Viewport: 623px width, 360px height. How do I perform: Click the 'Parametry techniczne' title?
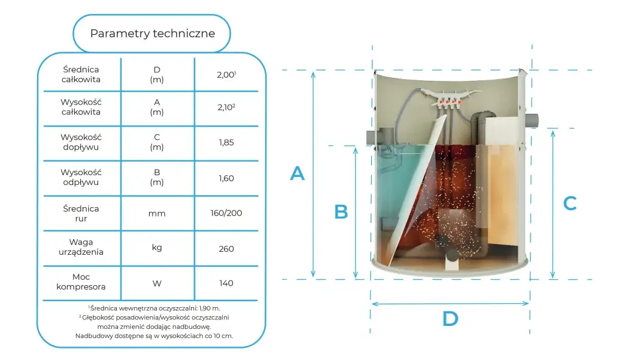153,33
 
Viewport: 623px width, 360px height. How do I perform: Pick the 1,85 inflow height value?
226,142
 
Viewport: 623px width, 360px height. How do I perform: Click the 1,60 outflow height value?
226,178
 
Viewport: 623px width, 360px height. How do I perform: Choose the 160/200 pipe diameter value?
226,213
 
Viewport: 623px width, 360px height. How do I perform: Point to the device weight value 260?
226,249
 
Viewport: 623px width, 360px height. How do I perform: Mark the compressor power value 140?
226,283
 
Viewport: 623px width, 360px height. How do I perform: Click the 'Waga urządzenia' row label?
81,247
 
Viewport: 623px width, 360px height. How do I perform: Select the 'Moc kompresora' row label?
81,282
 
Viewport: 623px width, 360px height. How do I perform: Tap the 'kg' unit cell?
157,248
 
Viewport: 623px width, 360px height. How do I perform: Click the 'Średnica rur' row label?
81,213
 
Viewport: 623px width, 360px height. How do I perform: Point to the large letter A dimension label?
297,174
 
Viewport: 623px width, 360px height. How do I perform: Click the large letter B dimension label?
341,212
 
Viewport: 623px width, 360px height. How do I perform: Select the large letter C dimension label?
569,204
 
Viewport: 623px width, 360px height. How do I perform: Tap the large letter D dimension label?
450,319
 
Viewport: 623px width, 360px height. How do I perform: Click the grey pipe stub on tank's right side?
532,120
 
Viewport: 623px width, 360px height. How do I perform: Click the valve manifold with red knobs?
448,98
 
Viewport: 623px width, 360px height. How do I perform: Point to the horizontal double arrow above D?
450,303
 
